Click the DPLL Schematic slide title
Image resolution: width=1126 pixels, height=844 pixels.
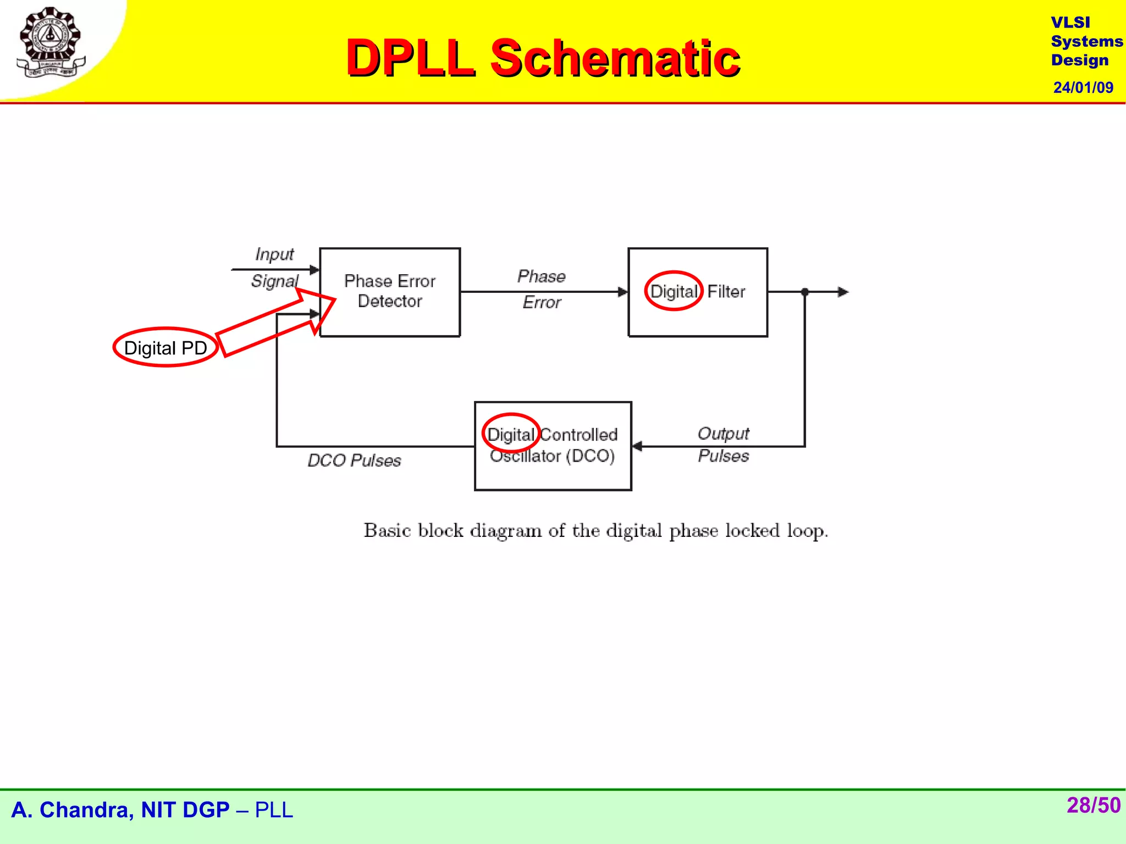pyautogui.click(x=543, y=58)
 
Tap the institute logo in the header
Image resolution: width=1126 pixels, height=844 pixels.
pyautogui.click(x=50, y=42)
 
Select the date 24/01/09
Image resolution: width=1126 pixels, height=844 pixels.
pyautogui.click(x=1083, y=88)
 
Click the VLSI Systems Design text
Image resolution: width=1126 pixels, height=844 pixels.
pyautogui.click(x=1085, y=41)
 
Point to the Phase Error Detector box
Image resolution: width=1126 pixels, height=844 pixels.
pyautogui.click(x=389, y=292)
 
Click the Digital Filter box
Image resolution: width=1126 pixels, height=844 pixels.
pyautogui.click(x=698, y=292)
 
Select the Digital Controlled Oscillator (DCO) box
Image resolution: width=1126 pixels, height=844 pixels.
pyautogui.click(x=553, y=446)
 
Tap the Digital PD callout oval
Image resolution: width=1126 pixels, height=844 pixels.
pyautogui.click(x=165, y=348)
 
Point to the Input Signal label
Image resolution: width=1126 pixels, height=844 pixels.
pyautogui.click(x=274, y=268)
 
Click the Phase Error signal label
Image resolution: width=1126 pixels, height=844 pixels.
pyautogui.click(x=542, y=290)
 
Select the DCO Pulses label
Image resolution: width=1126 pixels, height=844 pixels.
pyautogui.click(x=354, y=460)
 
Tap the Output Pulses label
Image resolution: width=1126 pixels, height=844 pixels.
pyautogui.click(x=723, y=445)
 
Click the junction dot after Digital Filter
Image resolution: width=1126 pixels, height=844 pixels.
pyautogui.click(x=805, y=292)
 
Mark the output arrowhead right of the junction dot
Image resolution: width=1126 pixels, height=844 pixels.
pyautogui.click(x=843, y=292)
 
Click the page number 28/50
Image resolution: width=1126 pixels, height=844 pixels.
pyautogui.click(x=1093, y=806)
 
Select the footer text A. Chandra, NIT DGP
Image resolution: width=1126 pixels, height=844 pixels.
pyautogui.click(x=120, y=810)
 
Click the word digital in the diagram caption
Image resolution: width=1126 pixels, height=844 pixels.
pyautogui.click(x=633, y=531)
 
